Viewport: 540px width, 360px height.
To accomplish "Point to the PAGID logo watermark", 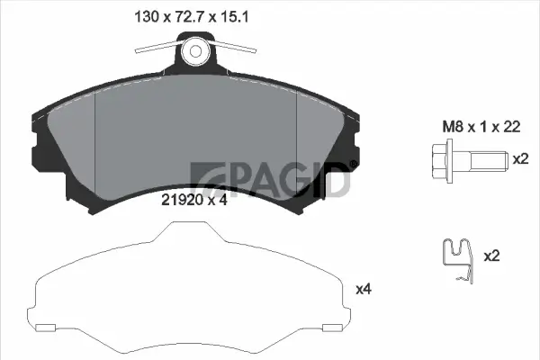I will pyautogui.click(x=270, y=178).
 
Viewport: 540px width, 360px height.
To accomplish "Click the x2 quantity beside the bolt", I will pyautogui.click(x=519, y=158).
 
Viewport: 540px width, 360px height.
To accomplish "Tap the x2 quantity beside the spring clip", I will pyautogui.click(x=491, y=256).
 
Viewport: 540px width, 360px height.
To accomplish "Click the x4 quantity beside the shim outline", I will pyautogui.click(x=364, y=289).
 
